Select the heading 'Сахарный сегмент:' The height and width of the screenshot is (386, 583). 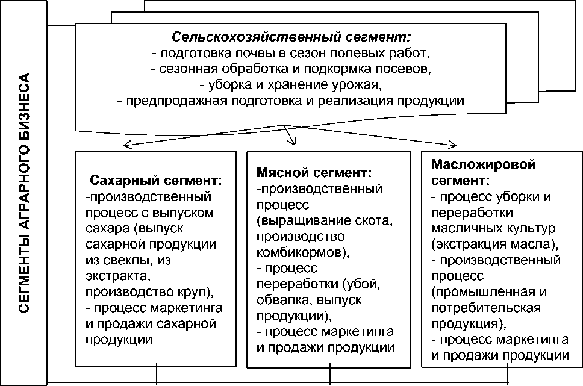155,180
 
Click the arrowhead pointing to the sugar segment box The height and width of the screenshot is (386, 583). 125,143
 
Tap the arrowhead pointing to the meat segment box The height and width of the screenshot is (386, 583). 293,142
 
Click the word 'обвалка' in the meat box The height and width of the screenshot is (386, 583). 277,299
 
